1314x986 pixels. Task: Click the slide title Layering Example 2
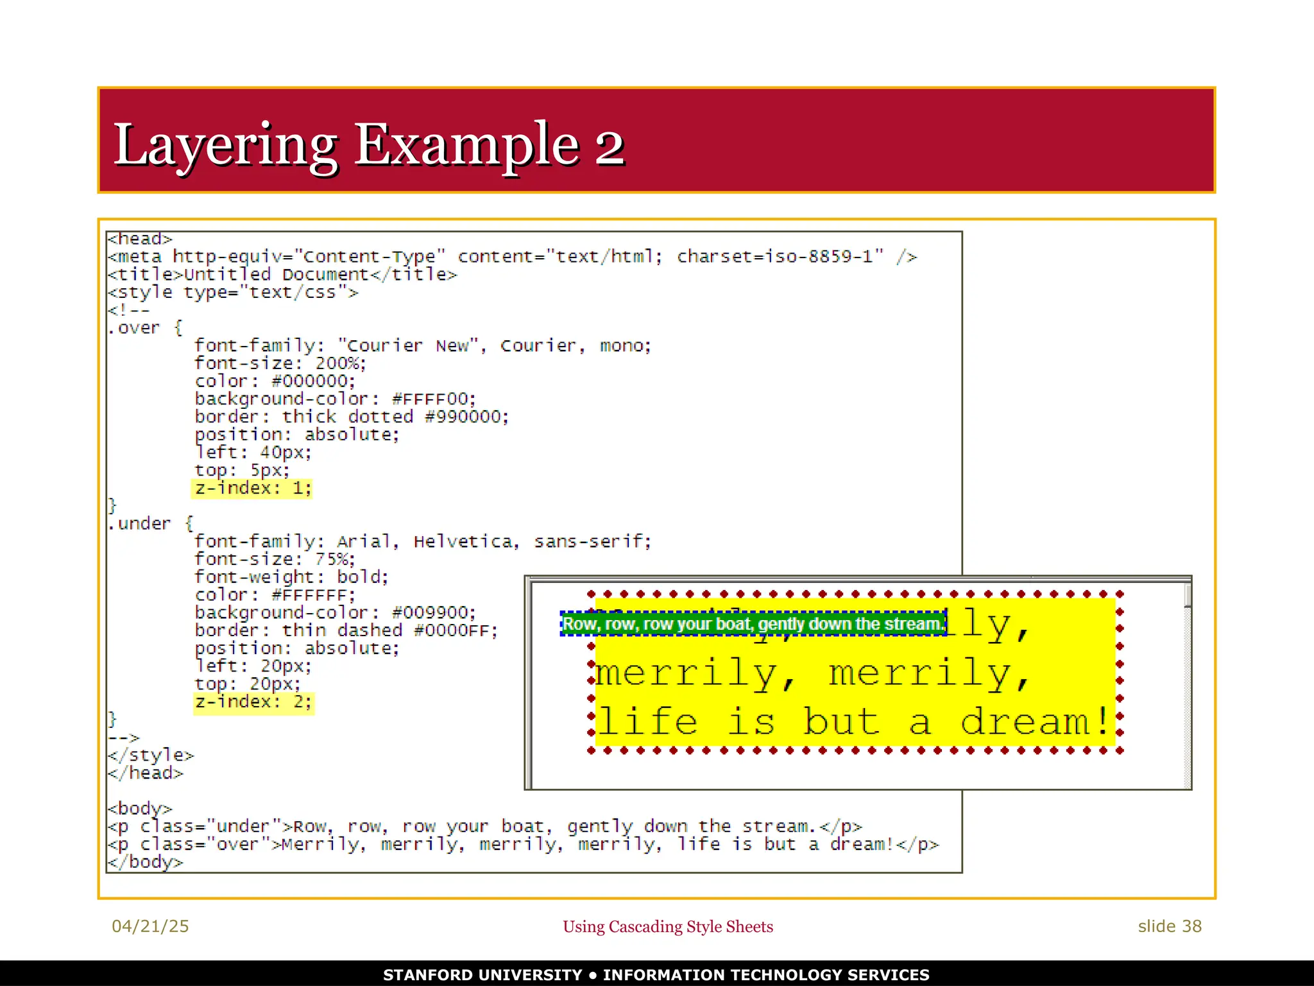[368, 144]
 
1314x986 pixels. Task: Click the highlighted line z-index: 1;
[253, 489]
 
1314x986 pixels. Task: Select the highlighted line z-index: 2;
[253, 702]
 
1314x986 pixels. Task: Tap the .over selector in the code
[133, 328]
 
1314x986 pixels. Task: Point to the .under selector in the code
[139, 524]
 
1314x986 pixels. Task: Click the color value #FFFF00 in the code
[434, 399]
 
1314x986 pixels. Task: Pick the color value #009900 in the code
[434, 613]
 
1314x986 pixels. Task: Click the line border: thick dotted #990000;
[352, 417]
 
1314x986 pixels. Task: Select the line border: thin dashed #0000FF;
[346, 631]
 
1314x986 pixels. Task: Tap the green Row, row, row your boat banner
[753, 624]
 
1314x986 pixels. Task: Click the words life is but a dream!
[853, 722]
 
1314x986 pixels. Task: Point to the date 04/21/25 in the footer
[150, 926]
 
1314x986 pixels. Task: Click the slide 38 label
[1169, 926]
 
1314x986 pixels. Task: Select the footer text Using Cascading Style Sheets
[668, 927]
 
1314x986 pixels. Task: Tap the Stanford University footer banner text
[656, 974]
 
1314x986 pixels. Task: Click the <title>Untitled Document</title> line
[282, 275]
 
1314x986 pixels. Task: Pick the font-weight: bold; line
[291, 577]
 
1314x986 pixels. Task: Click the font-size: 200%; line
[280, 363]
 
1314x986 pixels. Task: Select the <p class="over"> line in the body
[523, 844]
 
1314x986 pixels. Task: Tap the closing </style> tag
[151, 756]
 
